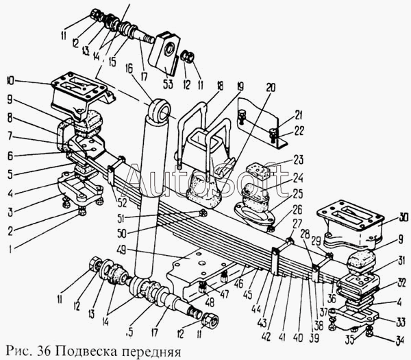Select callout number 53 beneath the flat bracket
click(x=168, y=84)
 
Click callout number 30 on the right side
click(x=404, y=219)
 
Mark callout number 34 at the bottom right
click(x=400, y=339)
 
